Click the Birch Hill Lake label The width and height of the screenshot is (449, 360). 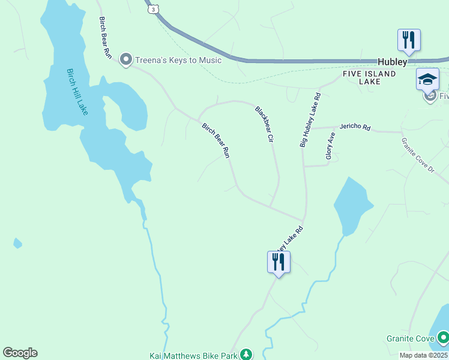point(77,91)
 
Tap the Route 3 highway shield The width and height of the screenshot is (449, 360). point(154,10)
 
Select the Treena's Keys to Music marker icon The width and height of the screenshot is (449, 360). point(126,60)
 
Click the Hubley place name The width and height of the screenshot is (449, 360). point(393,62)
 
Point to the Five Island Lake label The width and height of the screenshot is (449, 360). point(370,77)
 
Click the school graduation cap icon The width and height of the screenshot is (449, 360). point(427,80)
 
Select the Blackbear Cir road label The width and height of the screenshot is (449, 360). point(265,124)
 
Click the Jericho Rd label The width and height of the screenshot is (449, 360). point(355,127)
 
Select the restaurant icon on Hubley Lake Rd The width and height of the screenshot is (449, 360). point(279,262)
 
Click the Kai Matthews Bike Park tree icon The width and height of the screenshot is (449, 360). point(246,355)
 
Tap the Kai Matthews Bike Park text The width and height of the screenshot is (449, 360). point(193,355)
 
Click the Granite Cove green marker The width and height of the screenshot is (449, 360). point(443,338)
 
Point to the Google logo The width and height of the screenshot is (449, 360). point(20,353)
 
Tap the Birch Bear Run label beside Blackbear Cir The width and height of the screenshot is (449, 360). point(216,140)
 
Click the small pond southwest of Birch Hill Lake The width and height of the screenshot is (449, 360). point(18,243)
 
